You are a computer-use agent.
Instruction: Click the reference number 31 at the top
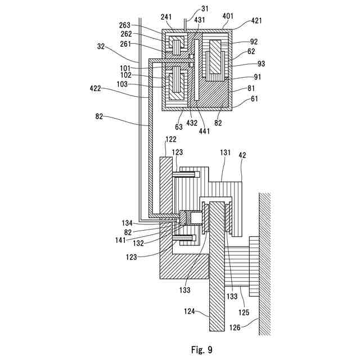coord(205,8)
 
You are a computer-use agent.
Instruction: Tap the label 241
coord(166,17)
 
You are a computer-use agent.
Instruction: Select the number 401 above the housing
coord(228,16)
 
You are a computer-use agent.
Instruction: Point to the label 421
coord(256,20)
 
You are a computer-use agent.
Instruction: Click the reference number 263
coord(125,25)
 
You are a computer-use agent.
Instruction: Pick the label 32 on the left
coord(101,46)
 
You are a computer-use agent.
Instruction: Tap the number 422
coord(95,88)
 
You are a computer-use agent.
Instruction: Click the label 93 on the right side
coord(261,64)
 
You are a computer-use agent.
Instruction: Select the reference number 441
coord(204,131)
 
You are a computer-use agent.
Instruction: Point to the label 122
coord(171,139)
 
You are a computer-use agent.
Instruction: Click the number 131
coord(225,152)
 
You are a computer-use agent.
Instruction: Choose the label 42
coord(242,155)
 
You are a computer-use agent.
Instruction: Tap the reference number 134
coord(127,223)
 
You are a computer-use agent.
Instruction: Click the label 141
coord(120,240)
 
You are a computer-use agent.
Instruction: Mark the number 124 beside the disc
coord(190,311)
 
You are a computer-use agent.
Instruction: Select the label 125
coord(244,312)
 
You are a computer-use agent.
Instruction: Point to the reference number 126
coord(235,327)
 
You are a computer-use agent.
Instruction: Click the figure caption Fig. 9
coord(202,350)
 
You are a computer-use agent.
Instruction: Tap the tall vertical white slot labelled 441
coord(196,70)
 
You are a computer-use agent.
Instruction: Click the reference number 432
coord(192,123)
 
